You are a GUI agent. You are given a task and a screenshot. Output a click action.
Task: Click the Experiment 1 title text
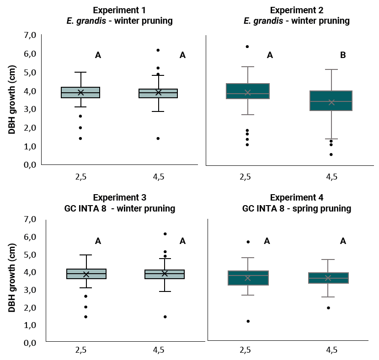coord(119,10)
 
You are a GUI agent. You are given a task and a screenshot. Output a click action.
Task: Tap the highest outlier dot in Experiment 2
coord(247,47)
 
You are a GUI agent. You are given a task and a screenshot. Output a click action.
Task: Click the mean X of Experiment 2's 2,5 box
coord(248,93)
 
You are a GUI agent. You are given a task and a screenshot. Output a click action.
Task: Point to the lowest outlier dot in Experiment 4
coord(248,321)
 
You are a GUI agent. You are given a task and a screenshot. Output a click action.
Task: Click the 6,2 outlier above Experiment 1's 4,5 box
coord(158,50)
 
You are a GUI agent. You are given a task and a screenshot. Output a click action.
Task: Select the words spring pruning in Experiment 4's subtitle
coord(328,209)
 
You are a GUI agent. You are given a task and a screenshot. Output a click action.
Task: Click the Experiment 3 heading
coord(119,198)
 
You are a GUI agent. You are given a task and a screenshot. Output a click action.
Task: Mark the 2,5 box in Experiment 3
coord(86,274)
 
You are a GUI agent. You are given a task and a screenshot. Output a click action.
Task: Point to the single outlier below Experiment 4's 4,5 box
coord(328,308)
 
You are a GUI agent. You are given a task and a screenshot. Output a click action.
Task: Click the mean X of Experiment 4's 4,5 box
coord(328,278)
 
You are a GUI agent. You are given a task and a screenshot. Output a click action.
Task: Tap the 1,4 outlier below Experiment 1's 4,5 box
coord(158,138)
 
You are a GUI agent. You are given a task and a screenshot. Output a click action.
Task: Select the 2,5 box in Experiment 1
coord(80,92)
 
